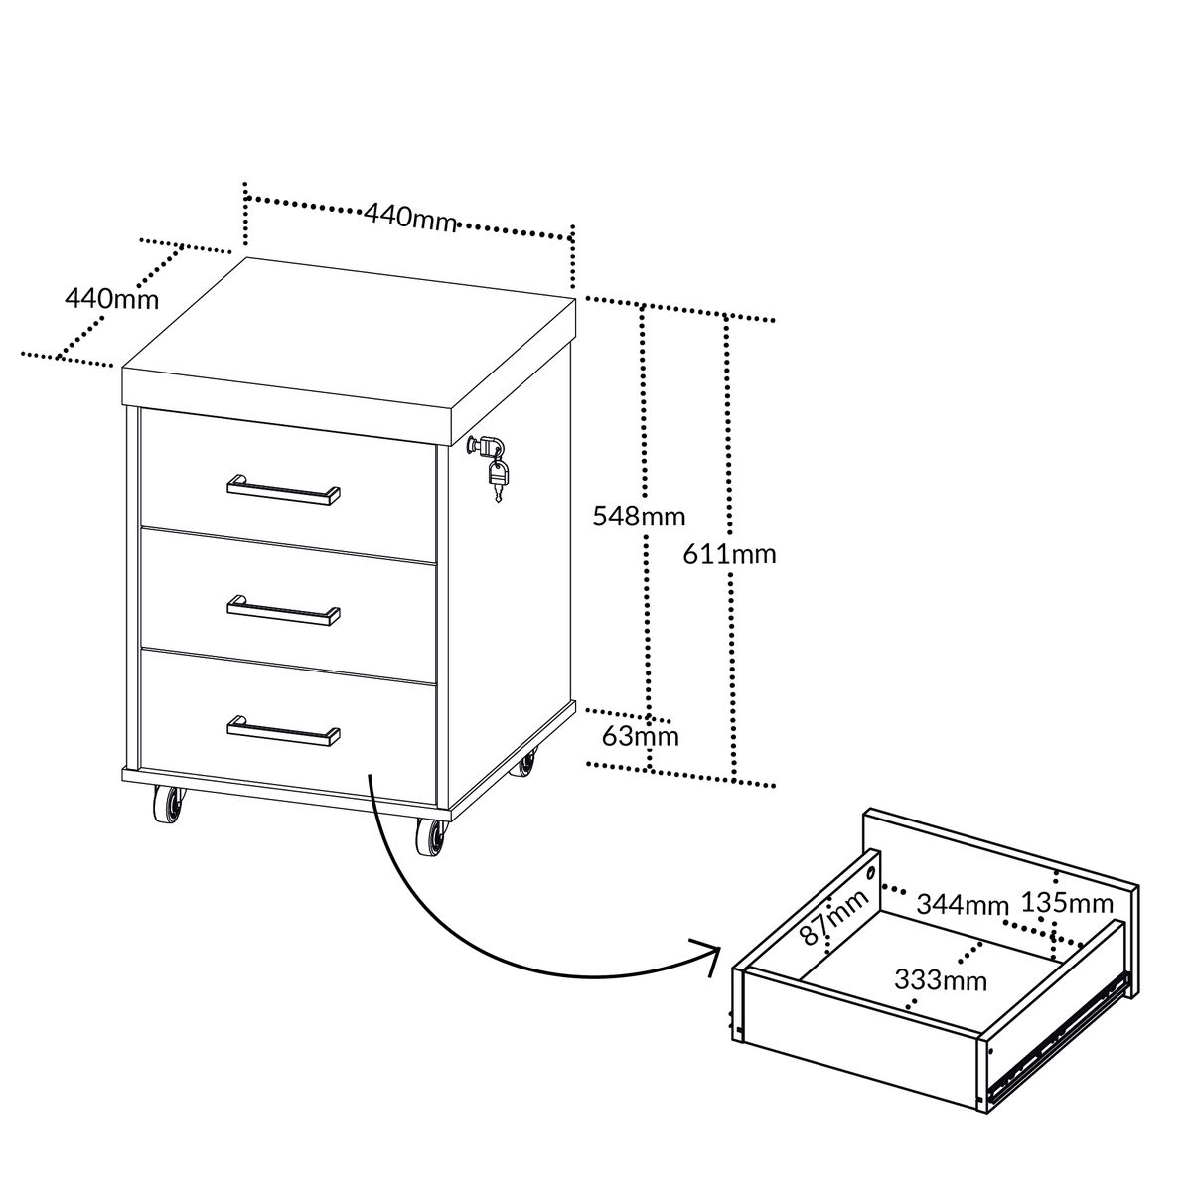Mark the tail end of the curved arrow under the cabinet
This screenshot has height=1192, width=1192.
pos(370,774)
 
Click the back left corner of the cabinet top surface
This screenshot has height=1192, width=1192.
pos(246,257)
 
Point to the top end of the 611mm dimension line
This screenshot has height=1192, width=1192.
pos(727,317)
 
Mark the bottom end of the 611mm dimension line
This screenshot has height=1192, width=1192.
pos(734,781)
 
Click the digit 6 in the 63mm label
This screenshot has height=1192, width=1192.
pos(609,736)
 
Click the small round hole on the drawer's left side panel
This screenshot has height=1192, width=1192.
pos(872,873)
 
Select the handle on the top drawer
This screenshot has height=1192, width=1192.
pos(283,490)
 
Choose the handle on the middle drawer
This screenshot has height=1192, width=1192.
pos(283,611)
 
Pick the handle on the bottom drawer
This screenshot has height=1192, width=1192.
pos(283,731)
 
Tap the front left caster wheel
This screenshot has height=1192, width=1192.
pos(168,806)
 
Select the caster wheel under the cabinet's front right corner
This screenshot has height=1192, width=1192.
pos(430,837)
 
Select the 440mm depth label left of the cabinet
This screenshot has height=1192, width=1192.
pos(112,299)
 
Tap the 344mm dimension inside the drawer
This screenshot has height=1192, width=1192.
pos(964,904)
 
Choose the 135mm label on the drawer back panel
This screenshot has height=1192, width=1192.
pos(1067,903)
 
